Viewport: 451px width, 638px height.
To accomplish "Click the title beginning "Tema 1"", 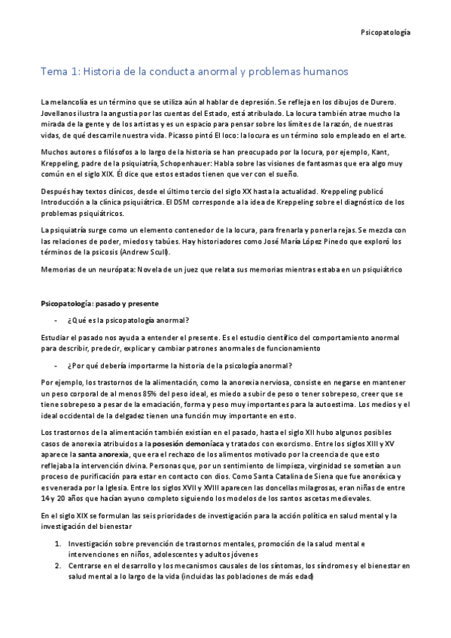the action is [194, 72].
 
